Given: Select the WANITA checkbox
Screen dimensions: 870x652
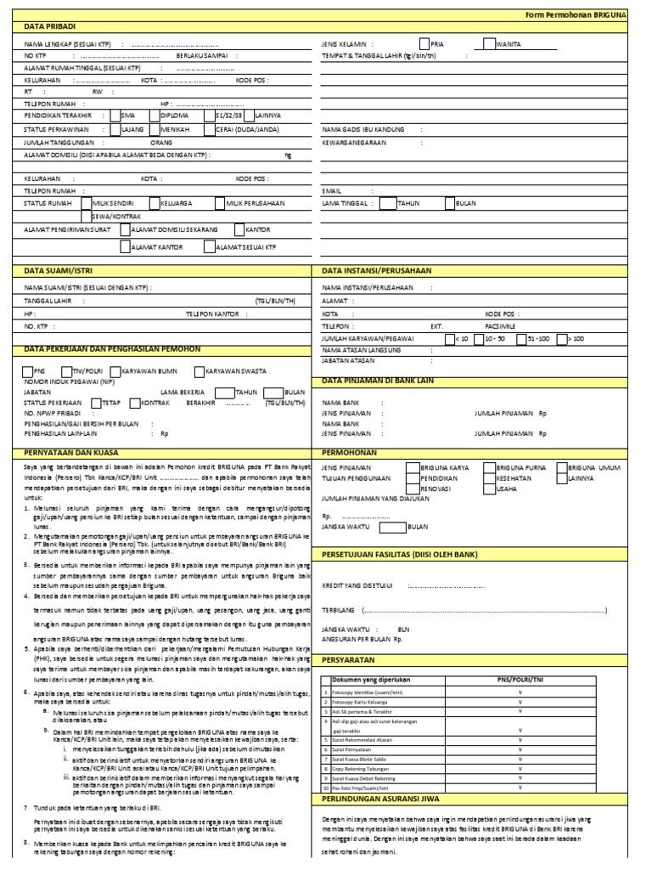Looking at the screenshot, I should (x=490, y=43).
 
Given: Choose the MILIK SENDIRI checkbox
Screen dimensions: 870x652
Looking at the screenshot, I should (x=87, y=204).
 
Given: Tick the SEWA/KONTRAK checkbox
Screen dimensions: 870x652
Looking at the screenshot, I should (x=87, y=217).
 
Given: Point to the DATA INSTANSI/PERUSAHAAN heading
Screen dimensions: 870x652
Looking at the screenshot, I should (x=376, y=270).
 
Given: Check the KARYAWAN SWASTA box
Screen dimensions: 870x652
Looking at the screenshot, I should (x=200, y=371).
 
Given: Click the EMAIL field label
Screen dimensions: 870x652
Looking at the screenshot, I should (x=330, y=191).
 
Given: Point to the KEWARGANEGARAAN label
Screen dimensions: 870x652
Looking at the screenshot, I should (x=353, y=143).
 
